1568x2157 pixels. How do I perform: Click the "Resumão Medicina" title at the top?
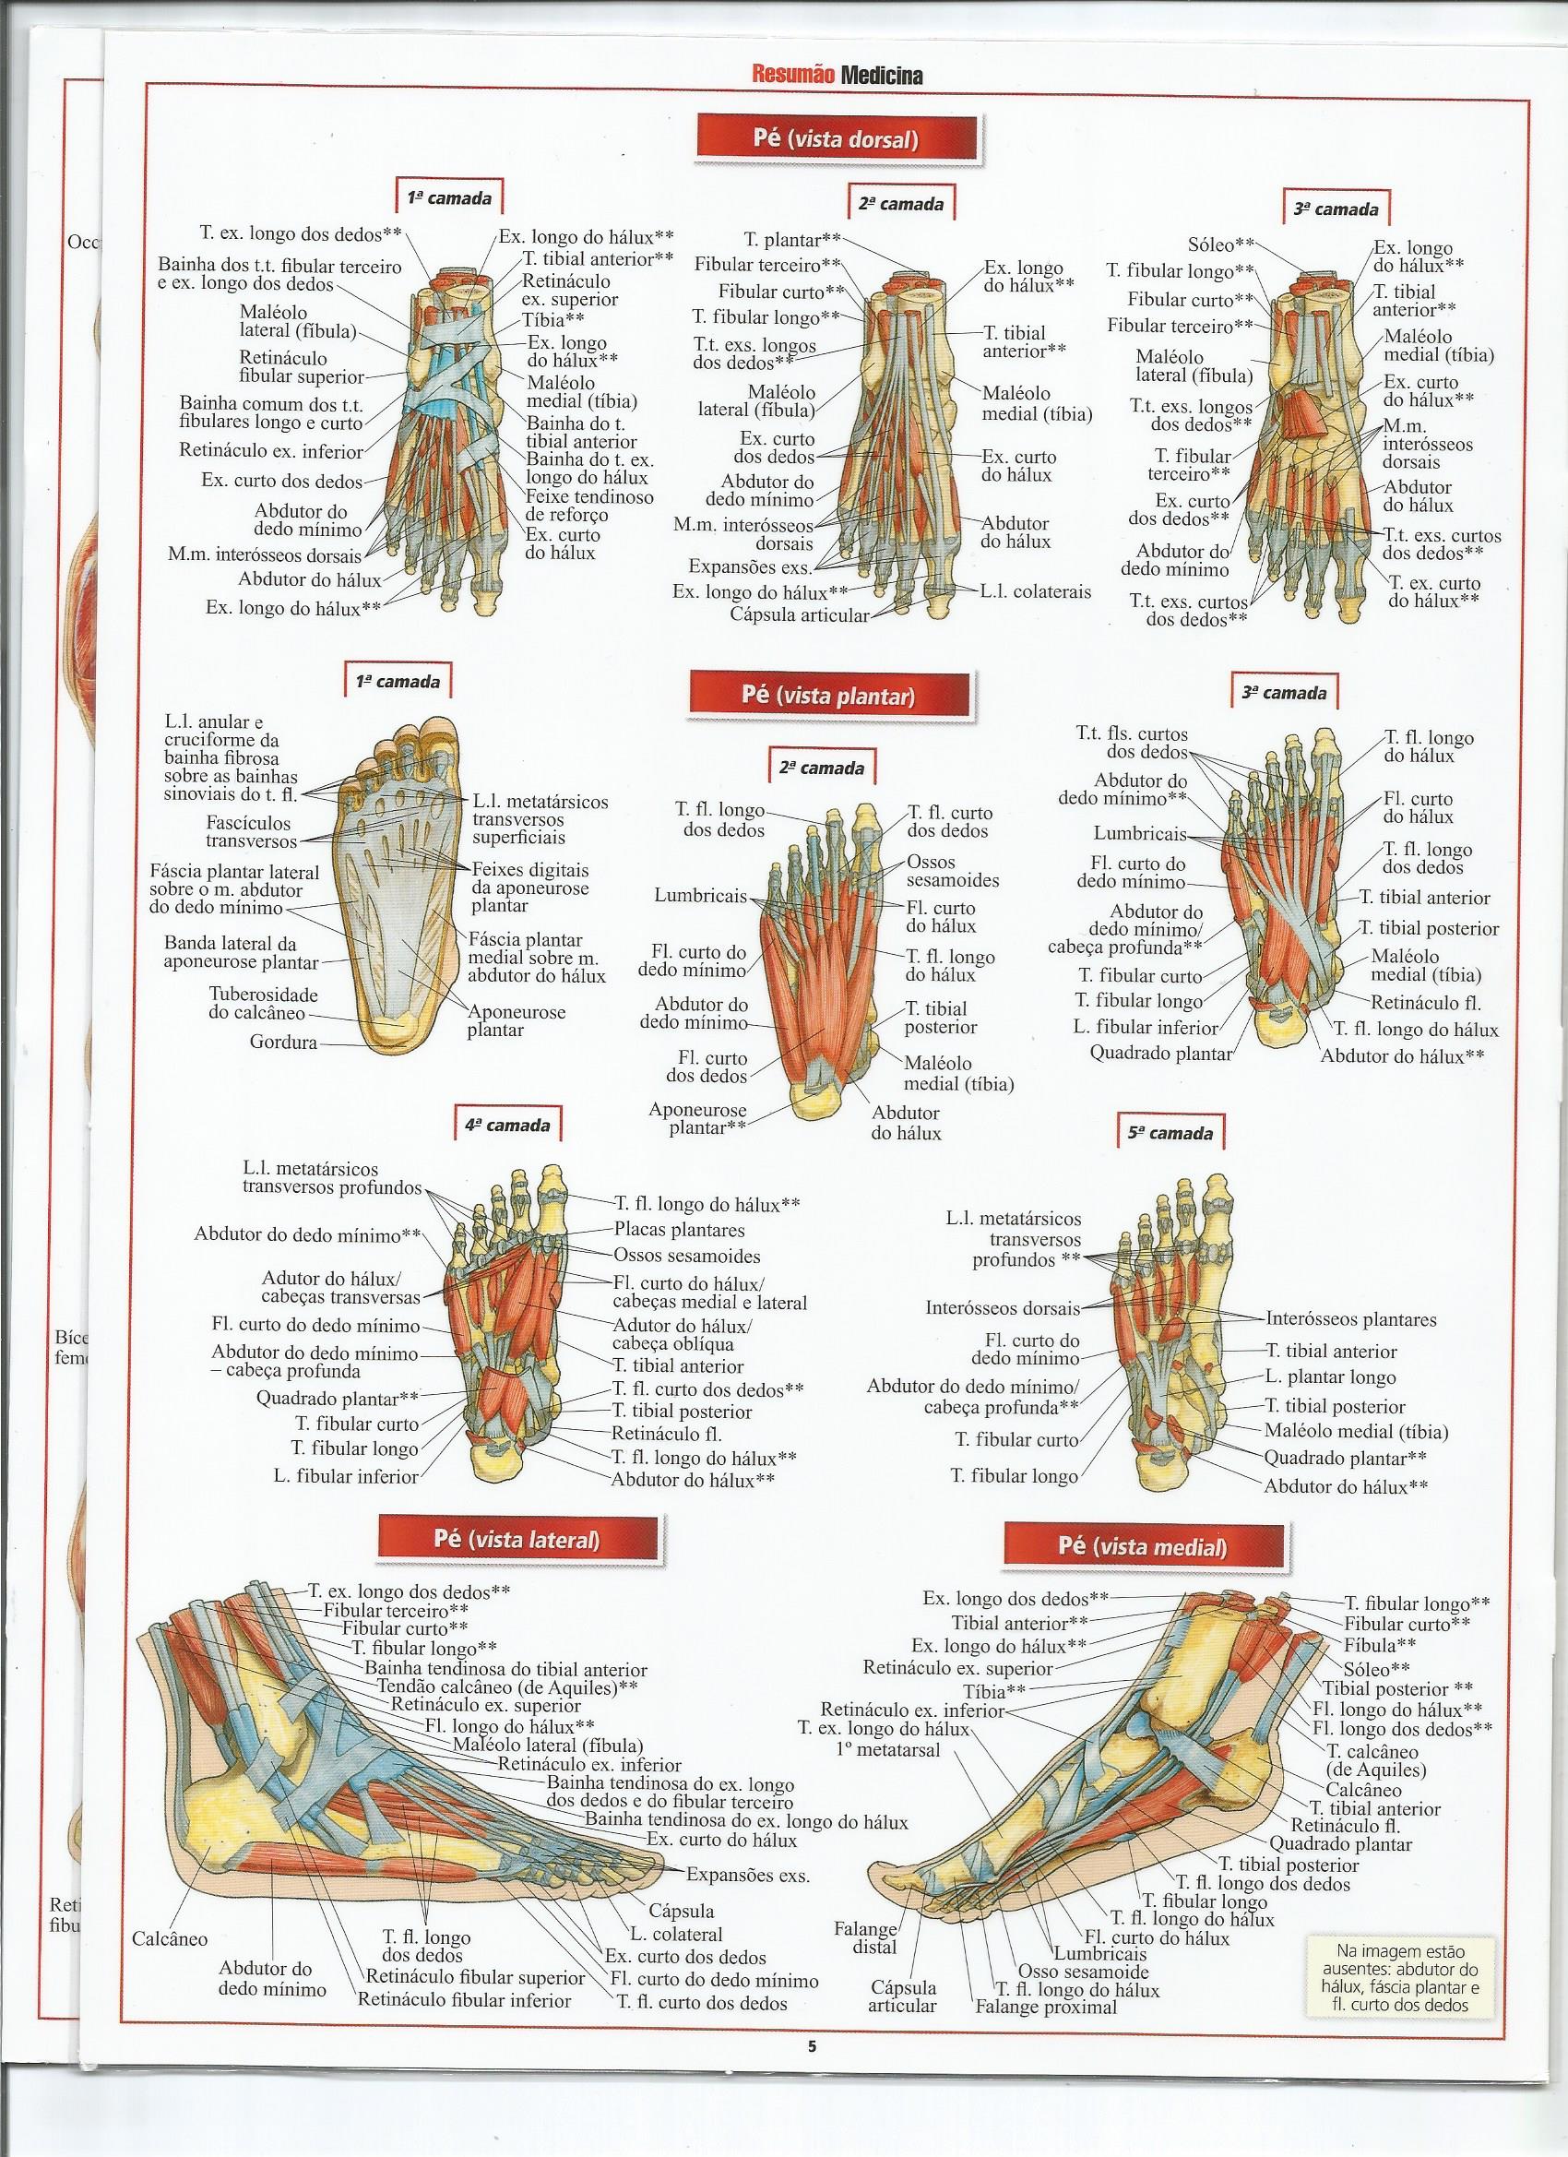pyautogui.click(x=837, y=76)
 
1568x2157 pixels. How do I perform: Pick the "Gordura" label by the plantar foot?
pyautogui.click(x=283, y=1043)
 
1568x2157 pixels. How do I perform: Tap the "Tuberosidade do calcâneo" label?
pyautogui.click(x=264, y=1003)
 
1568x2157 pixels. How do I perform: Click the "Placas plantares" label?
pyautogui.click(x=679, y=1230)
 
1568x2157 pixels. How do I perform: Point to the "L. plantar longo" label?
pyautogui.click(x=1330, y=1377)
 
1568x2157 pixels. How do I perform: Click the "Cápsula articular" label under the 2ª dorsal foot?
pyautogui.click(x=799, y=614)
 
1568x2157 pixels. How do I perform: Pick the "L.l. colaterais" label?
pyautogui.click(x=1036, y=591)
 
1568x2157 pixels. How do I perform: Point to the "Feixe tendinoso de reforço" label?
pyautogui.click(x=588, y=506)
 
